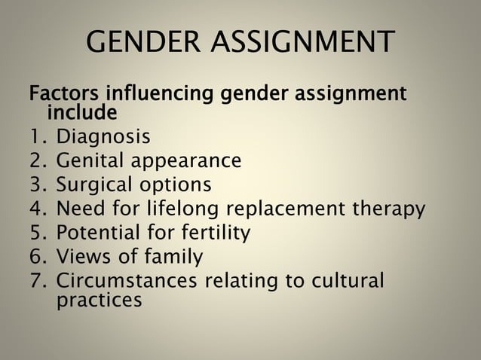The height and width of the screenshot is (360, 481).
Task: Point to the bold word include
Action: pyautogui.click(x=82, y=114)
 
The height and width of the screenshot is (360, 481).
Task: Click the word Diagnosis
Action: pyautogui.click(x=103, y=138)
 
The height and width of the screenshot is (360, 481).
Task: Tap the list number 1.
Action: pyautogui.click(x=36, y=138)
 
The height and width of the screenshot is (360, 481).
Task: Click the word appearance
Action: pyautogui.click(x=186, y=162)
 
